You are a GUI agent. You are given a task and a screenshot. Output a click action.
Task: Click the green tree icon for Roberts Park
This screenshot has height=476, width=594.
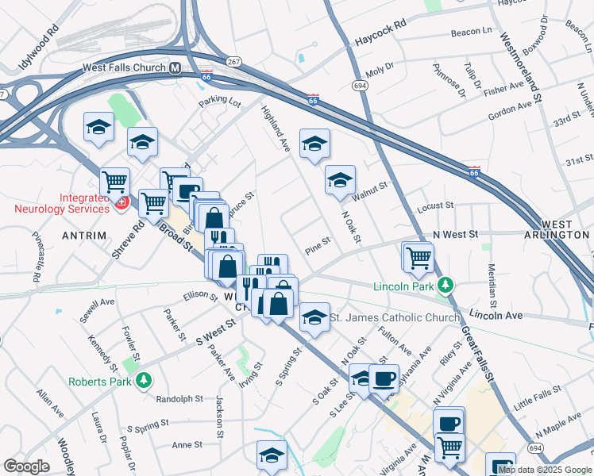[143, 380]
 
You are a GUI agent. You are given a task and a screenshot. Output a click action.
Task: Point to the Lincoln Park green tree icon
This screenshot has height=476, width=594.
[446, 285]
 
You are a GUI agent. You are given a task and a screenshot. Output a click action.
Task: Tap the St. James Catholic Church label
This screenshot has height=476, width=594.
[394, 317]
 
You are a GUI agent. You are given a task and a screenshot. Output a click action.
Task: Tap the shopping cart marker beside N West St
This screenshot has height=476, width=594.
[418, 256]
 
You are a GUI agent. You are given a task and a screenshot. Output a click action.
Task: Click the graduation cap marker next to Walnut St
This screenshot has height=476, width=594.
[340, 180]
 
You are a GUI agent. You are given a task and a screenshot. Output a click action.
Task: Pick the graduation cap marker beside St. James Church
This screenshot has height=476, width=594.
[314, 317]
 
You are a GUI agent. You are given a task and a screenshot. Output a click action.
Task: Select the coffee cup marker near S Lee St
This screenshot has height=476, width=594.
[384, 378]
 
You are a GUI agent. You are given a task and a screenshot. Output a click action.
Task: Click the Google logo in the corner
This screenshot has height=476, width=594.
[26, 466]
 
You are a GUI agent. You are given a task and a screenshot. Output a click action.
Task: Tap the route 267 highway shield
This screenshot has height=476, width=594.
[233, 61]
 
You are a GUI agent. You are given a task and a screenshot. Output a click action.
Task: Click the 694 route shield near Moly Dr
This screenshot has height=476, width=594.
[360, 84]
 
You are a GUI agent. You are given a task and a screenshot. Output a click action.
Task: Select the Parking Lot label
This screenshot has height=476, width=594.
[220, 102]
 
